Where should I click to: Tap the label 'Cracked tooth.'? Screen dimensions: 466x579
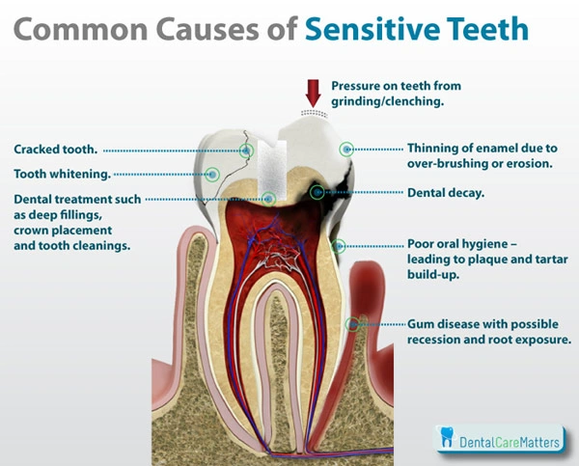tap(54, 150)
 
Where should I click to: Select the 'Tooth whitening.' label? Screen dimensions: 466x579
tap(61, 175)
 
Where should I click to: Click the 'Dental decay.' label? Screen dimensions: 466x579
tap(446, 193)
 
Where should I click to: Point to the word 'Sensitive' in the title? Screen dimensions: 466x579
tap(383, 28)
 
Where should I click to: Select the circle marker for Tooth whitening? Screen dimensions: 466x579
tap(213, 175)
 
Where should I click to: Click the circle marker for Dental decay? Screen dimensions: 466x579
tap(317, 193)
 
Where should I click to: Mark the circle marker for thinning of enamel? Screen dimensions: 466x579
tap(347, 150)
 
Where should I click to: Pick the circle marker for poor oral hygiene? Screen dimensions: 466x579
tap(338, 246)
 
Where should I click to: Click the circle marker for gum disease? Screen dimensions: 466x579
tap(363, 323)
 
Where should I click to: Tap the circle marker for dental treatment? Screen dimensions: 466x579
tap(269, 199)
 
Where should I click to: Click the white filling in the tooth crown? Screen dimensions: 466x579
tap(275, 159)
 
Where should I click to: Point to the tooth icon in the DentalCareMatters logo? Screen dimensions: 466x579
tap(446, 437)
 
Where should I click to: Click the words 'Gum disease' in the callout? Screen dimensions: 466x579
tap(444, 324)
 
